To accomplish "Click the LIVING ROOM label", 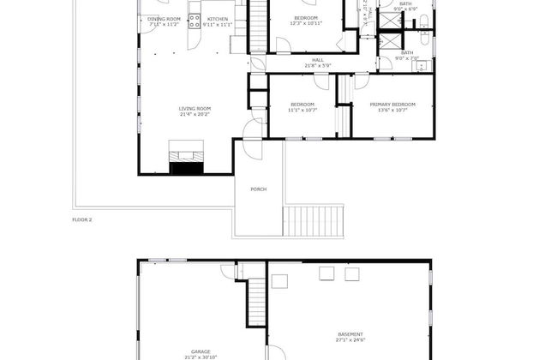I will click(195, 108).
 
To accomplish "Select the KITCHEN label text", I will click(218, 18).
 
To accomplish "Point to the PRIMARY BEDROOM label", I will click(390, 104).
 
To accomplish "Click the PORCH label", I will click(257, 189).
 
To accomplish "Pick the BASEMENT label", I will click(350, 333).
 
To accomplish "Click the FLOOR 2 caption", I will click(81, 220).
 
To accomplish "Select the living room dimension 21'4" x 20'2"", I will click(195, 114).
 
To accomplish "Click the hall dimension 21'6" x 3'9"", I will click(317, 65).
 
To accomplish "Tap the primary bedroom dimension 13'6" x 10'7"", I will click(390, 110).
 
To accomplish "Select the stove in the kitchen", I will click(195, 19).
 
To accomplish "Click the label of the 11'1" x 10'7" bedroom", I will click(302, 104).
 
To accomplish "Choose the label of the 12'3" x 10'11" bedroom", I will click(306, 18).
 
